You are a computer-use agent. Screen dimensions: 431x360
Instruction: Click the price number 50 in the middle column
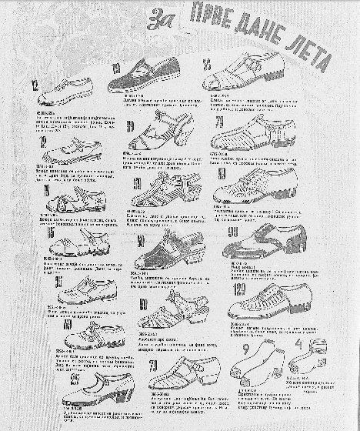[x=142, y=241]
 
